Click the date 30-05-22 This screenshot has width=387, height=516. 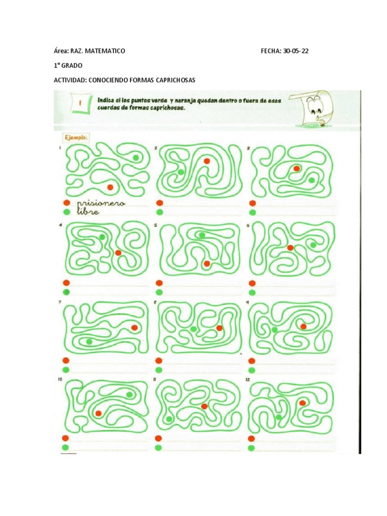tap(295, 51)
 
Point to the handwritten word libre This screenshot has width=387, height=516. tap(89, 212)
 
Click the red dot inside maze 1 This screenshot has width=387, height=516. tap(110, 187)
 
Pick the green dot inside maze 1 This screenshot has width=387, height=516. tap(136, 158)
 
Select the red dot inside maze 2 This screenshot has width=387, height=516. tap(207, 161)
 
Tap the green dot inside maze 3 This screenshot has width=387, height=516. tap(312, 180)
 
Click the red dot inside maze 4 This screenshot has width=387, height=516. tap(118, 253)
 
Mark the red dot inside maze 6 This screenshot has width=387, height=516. tap(290, 247)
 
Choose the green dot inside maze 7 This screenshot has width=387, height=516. tap(89, 342)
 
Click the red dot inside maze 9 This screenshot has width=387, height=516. tap(303, 327)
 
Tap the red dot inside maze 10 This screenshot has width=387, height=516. tap(98, 413)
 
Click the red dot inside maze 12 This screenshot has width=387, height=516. tap(302, 403)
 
